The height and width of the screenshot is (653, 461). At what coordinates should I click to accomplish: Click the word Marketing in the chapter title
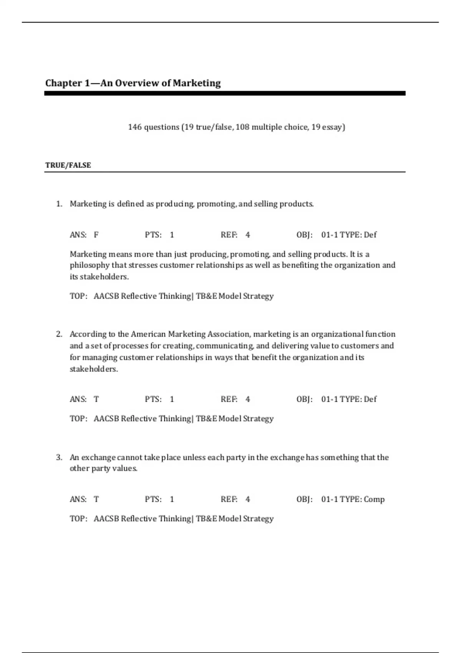[197, 83]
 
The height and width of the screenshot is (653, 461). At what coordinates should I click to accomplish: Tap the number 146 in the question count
[135, 127]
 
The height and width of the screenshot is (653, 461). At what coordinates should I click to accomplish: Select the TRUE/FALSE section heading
[68, 165]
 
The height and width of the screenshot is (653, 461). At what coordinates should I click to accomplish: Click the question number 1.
[59, 204]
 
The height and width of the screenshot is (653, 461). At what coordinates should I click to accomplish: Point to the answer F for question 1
[96, 235]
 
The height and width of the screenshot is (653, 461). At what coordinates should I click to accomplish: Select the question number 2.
[59, 334]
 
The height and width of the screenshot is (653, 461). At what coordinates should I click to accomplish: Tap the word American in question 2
[148, 334]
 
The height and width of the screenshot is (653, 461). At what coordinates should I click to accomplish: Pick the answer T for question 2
[96, 399]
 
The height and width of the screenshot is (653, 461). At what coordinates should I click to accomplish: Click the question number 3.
[59, 457]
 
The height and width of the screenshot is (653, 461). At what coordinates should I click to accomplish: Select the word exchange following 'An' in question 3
[98, 457]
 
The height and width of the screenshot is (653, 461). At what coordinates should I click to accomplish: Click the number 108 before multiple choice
[242, 127]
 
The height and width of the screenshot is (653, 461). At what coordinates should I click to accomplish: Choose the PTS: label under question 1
[153, 235]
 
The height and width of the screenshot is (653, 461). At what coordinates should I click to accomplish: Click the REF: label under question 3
[229, 499]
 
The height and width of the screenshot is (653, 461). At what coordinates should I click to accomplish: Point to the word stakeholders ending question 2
[93, 369]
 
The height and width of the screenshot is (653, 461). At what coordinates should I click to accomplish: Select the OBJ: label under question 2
[304, 399]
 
